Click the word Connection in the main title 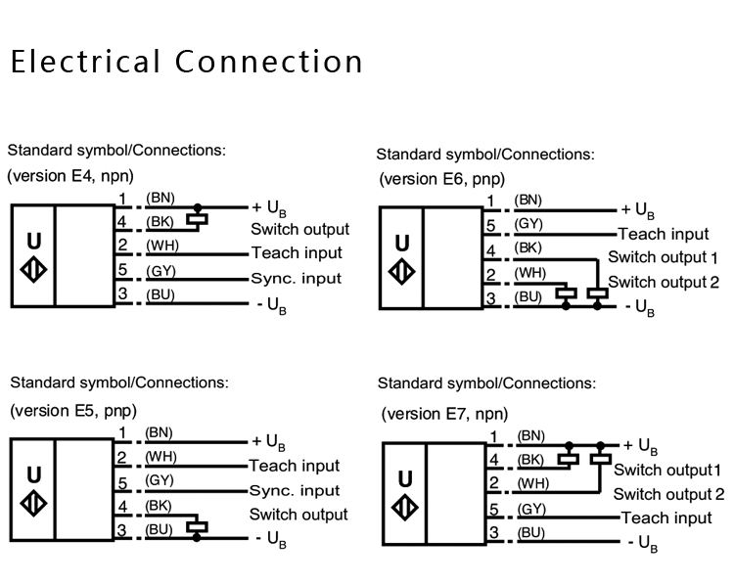269,62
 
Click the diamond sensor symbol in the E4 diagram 33,270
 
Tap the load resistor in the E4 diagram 197,219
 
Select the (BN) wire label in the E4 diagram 161,198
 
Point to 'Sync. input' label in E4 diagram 297,278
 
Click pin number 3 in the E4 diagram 122,293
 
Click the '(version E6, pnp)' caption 442,179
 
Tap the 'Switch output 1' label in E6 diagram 663,257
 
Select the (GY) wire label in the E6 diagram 528,224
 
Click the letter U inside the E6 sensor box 402,244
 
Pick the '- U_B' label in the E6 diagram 640,308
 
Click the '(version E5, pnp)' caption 73,411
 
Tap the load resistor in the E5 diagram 197,526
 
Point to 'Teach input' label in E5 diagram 294,466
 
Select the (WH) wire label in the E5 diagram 161,457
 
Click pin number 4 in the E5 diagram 122,507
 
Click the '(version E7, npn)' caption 444,414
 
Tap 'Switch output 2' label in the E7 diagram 669,494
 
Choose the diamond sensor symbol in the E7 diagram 405,508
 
